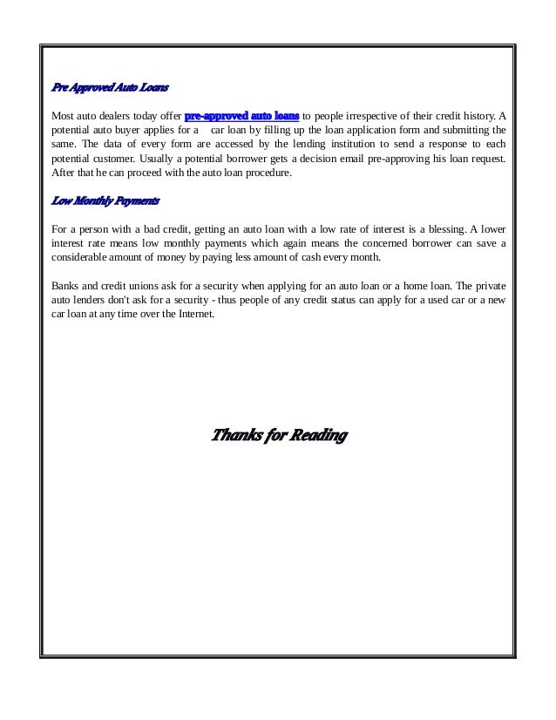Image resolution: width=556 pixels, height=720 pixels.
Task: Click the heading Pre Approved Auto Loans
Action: [109, 88]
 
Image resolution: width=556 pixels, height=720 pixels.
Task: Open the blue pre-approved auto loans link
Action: [242, 114]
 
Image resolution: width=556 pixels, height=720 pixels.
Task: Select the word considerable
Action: [84, 258]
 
